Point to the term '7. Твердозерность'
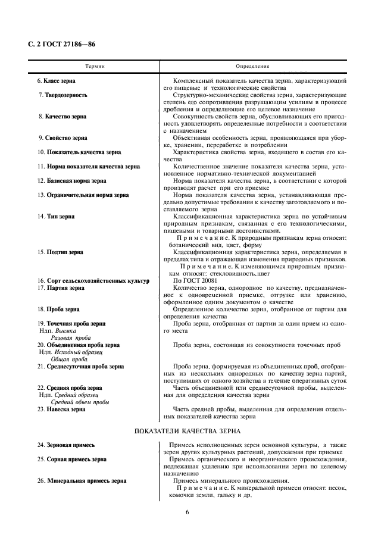(x=62, y=95)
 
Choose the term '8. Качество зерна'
(x=62, y=117)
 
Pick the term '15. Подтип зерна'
(x=60, y=252)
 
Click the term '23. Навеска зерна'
(x=61, y=409)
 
